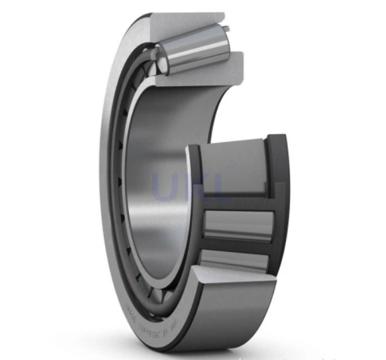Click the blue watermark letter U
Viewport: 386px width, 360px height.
[165, 185]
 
